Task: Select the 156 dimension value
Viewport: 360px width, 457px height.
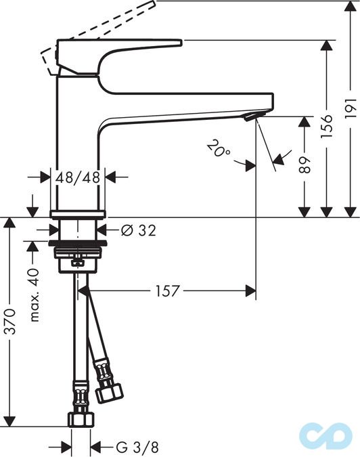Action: pos(328,127)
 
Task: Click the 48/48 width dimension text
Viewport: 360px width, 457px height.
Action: pos(78,177)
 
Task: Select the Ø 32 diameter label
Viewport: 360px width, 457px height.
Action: pos(138,230)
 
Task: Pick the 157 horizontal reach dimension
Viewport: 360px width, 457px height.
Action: pos(167,291)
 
